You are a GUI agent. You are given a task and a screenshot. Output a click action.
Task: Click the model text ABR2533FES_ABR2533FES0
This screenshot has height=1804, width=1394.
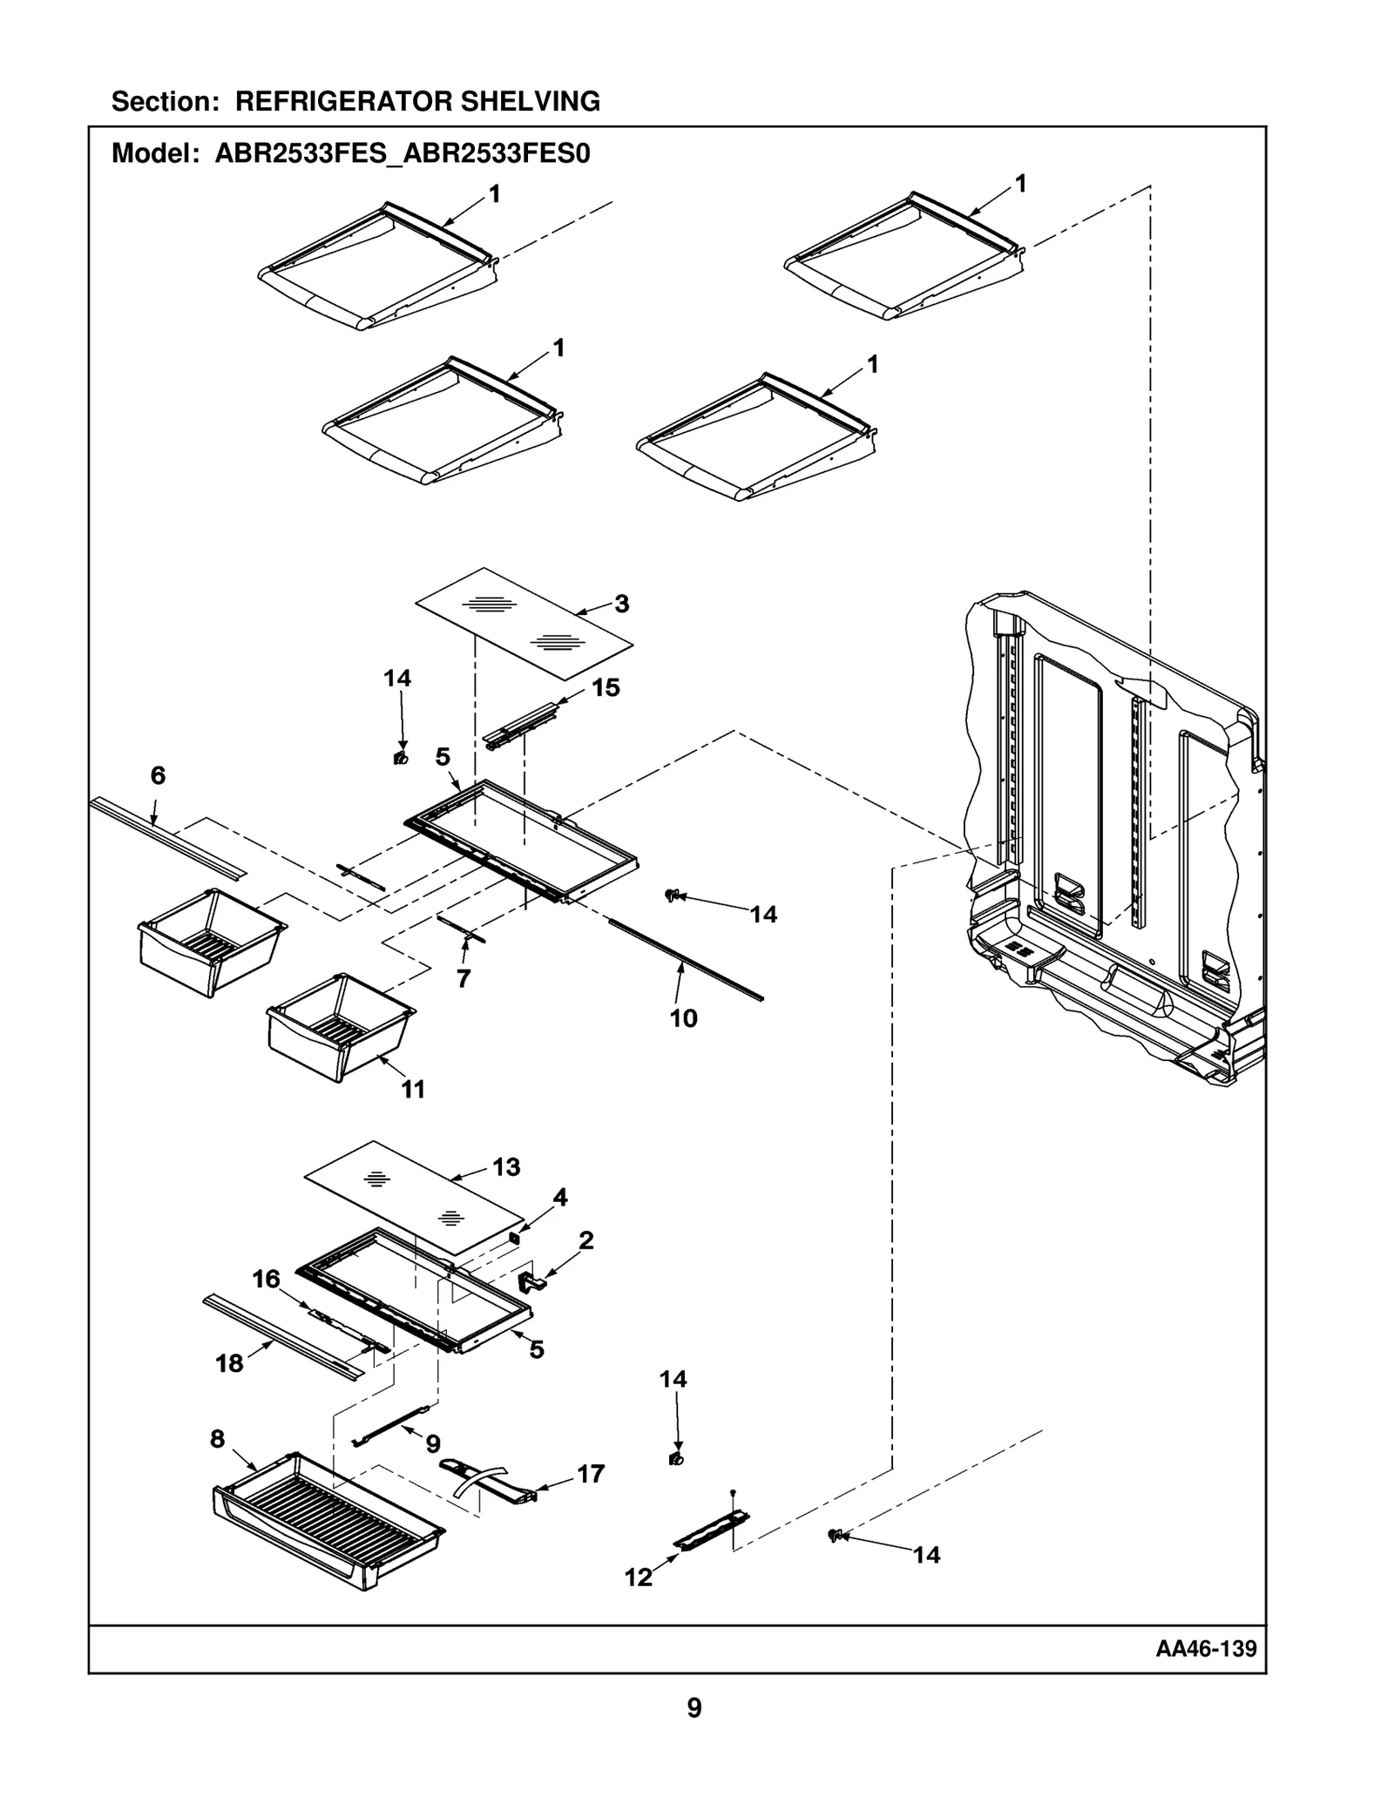(403, 154)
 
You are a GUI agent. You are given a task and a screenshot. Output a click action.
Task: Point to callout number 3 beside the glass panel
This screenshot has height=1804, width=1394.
(621, 604)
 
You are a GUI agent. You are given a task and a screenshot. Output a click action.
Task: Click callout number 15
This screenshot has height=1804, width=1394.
(606, 687)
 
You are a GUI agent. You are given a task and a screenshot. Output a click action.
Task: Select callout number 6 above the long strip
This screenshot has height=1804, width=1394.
(158, 775)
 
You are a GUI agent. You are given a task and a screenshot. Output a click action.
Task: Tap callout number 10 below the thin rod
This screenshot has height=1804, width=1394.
(683, 1018)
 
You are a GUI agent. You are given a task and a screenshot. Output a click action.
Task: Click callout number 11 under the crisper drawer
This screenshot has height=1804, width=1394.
(413, 1089)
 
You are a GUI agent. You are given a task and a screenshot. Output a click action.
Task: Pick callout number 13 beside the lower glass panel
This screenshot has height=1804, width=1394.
(506, 1166)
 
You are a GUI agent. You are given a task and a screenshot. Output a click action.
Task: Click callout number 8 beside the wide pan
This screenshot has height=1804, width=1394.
(218, 1439)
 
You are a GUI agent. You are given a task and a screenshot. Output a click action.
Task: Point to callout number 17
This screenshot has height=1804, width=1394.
(591, 1474)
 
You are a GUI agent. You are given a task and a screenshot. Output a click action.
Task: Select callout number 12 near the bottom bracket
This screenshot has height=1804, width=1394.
(638, 1578)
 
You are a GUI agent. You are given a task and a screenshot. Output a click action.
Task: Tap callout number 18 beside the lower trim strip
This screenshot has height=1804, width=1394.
(229, 1363)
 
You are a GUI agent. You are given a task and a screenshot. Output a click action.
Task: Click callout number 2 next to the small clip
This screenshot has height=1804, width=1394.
(586, 1240)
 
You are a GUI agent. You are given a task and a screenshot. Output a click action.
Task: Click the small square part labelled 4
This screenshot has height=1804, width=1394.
(514, 1237)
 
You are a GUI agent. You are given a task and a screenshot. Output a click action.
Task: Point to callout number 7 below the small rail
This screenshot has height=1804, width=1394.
(464, 978)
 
